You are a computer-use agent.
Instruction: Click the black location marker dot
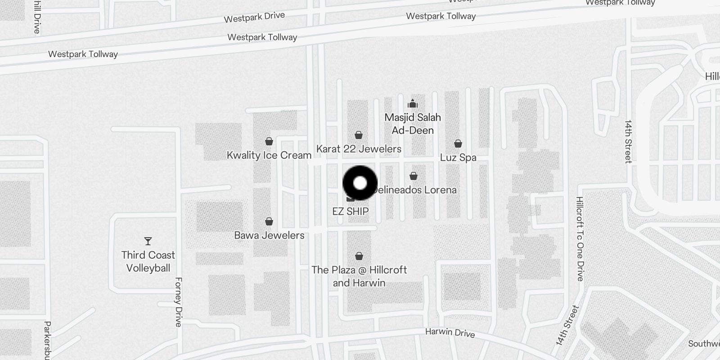click(x=360, y=183)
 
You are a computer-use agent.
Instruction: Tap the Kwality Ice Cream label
click(x=269, y=155)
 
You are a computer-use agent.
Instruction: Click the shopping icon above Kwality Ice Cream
click(x=269, y=141)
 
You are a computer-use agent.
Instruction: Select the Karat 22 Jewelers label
click(x=359, y=149)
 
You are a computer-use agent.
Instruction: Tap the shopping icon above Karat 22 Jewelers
click(x=359, y=135)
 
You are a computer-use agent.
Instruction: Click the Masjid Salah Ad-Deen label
click(x=413, y=124)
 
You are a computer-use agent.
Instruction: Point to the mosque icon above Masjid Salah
click(x=413, y=104)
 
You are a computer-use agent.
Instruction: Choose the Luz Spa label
click(x=458, y=157)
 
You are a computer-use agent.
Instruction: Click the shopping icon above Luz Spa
click(x=458, y=144)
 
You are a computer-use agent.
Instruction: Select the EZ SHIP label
click(x=351, y=211)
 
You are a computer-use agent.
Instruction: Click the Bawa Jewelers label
click(x=269, y=235)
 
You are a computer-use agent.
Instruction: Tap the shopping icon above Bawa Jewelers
click(x=269, y=221)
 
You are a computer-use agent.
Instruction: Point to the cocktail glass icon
click(x=148, y=241)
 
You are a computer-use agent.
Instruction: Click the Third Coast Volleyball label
click(x=148, y=261)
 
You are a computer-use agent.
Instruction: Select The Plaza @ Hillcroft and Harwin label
click(x=359, y=276)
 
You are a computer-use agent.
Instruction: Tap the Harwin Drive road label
click(x=450, y=333)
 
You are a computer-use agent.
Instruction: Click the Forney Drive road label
click(x=178, y=302)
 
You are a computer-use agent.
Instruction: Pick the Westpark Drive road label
click(x=254, y=17)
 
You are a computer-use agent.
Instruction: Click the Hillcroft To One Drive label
click(x=580, y=239)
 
